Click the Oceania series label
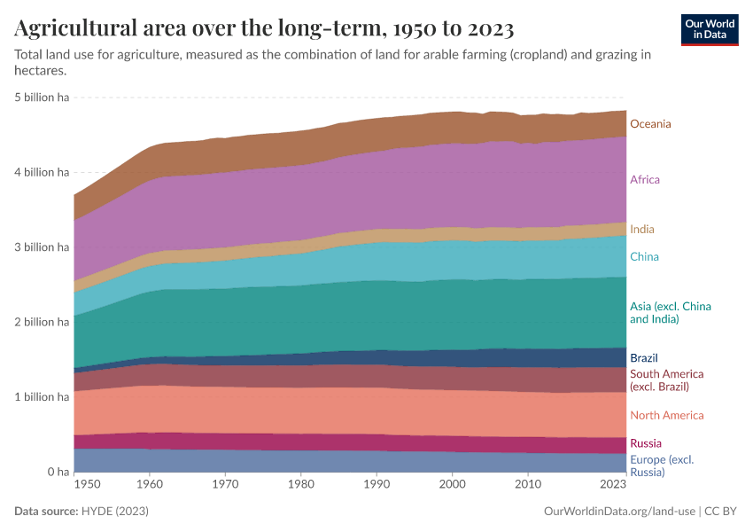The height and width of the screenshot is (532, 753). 650,124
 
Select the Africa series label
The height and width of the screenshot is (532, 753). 644,180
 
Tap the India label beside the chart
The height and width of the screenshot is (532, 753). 641,230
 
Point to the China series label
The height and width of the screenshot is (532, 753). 644,257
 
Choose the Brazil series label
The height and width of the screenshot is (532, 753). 644,358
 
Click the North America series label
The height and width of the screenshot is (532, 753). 666,415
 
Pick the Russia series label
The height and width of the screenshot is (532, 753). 645,443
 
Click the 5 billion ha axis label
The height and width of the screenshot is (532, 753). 42,98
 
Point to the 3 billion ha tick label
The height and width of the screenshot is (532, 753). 42,247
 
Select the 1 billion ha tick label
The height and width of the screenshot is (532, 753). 42,397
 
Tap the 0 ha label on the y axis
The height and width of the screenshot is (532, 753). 56,472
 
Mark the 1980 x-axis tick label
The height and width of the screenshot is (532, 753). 301,485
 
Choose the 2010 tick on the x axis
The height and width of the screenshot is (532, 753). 528,485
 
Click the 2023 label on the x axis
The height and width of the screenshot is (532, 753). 612,485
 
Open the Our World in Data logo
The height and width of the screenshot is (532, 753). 710,29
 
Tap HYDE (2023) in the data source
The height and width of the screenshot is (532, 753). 114,512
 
